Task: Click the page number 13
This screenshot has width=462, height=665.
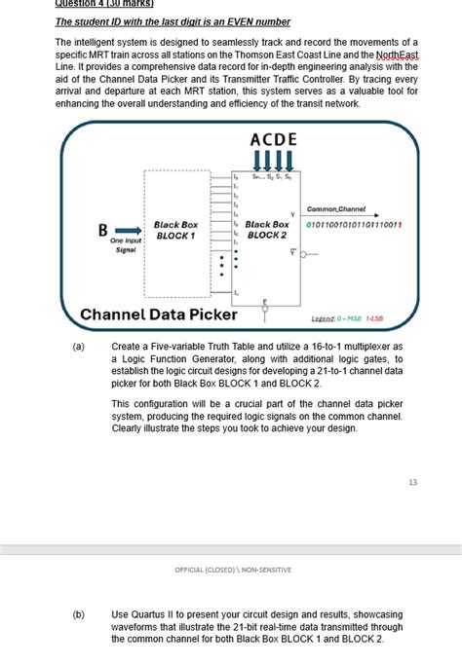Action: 412,482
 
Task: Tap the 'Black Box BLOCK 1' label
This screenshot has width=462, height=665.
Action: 175,230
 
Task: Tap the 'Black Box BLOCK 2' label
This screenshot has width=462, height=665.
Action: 267,230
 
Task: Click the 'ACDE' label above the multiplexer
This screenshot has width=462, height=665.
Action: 273,139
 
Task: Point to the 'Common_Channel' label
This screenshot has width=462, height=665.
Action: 336,209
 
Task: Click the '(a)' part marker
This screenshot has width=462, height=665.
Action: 78,346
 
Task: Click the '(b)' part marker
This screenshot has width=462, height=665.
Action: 78,614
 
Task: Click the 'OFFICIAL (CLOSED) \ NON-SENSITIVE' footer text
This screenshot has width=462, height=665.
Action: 232,570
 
